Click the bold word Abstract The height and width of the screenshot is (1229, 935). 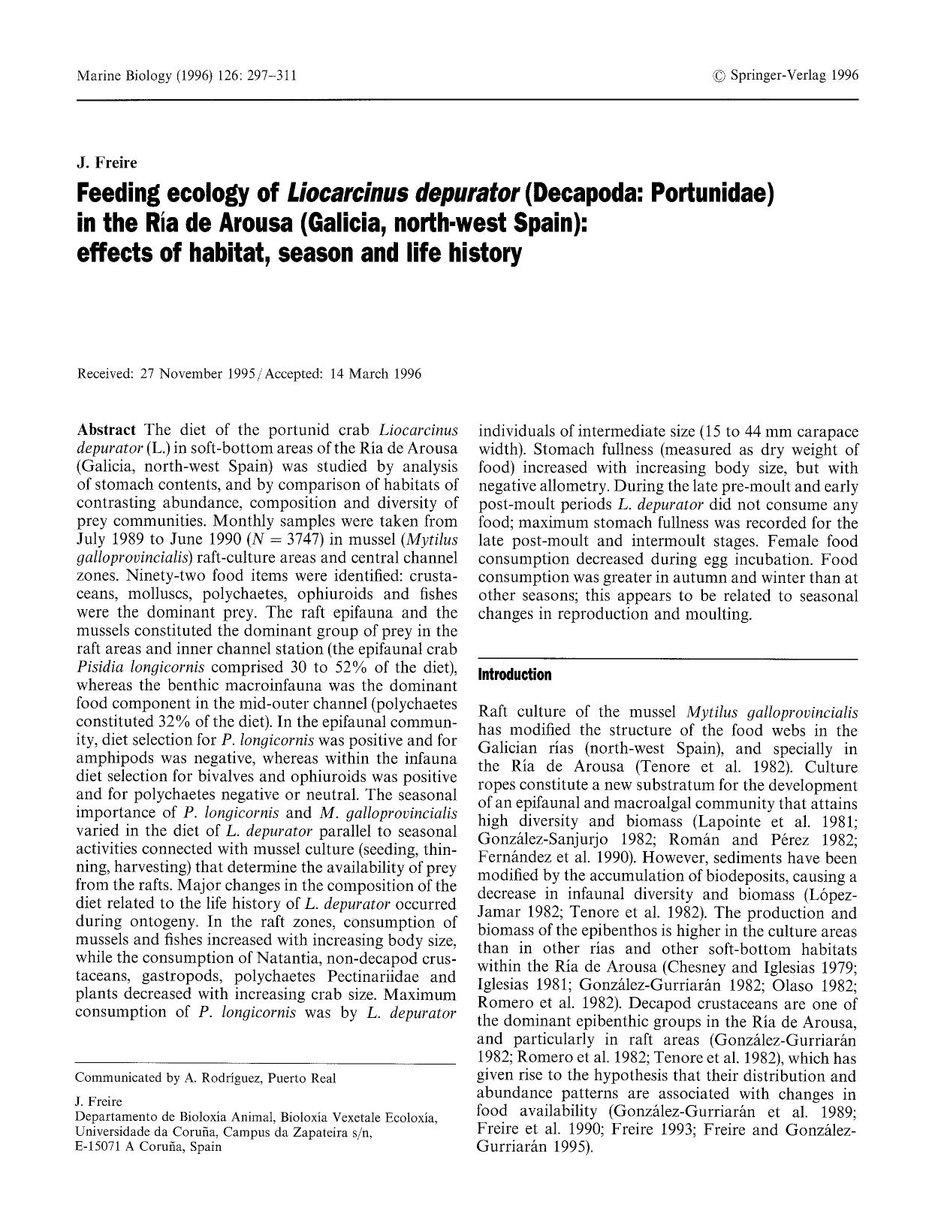point(106,430)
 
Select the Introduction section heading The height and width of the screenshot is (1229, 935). point(514,675)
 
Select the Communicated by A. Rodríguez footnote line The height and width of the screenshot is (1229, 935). point(206,1078)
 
